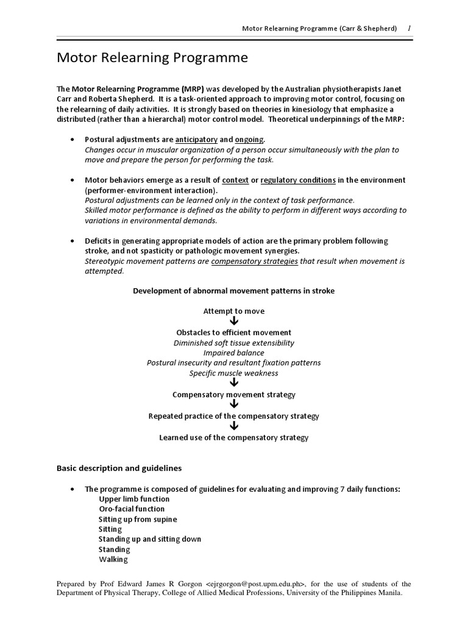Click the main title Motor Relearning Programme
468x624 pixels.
pyautogui.click(x=152, y=58)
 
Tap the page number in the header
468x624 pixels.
pyautogui.click(x=409, y=28)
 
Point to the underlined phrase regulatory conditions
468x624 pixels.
pyautogui.click(x=298, y=180)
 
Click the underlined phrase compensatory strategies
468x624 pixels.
pyautogui.click(x=254, y=261)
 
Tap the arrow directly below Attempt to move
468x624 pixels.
pyautogui.click(x=234, y=322)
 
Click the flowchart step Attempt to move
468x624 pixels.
pyautogui.click(x=234, y=311)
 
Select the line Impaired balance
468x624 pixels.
pyautogui.click(x=234, y=353)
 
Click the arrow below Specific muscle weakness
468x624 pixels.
pyautogui.click(x=234, y=383)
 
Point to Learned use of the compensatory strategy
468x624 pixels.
pyautogui.click(x=234, y=438)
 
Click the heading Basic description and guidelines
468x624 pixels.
pyautogui.click(x=119, y=468)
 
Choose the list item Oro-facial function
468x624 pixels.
pyautogui.click(x=132, y=509)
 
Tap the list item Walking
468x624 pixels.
pyautogui.click(x=113, y=559)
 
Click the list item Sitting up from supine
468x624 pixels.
pyautogui.click(x=138, y=519)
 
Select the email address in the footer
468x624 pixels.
pyautogui.click(x=255, y=584)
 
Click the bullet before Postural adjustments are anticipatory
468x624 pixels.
pyautogui.click(x=73, y=140)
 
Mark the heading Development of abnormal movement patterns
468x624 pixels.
pyautogui.click(x=234, y=291)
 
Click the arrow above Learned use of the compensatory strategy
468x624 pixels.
pyautogui.click(x=234, y=427)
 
